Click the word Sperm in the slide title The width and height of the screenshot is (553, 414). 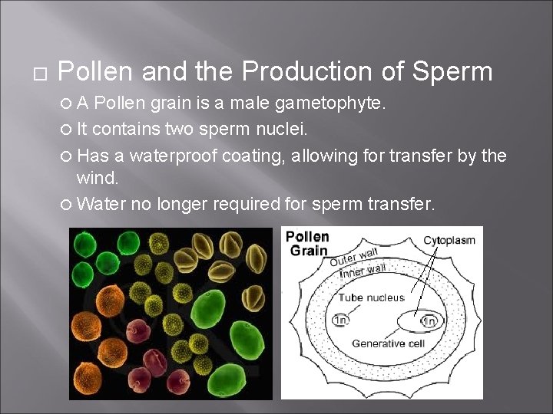tap(452, 72)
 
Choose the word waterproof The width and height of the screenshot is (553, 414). tap(174, 156)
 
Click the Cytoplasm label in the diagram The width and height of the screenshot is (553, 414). tap(449, 240)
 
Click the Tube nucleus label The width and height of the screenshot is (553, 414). tap(372, 297)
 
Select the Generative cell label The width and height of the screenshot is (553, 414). tap(388, 343)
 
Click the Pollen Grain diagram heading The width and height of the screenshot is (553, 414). tap(307, 243)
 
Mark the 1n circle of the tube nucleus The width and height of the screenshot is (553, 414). tap(339, 320)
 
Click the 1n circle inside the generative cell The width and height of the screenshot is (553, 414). tap(429, 320)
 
